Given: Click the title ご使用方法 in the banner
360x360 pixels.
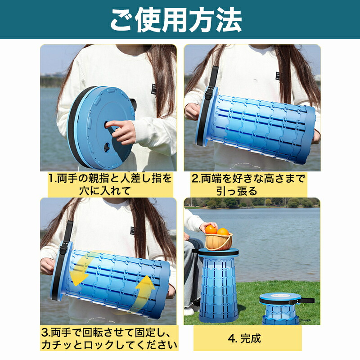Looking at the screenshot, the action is coord(176,20).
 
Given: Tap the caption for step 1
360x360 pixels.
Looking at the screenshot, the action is coord(110,184).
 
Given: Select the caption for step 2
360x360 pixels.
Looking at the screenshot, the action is coord(248,184).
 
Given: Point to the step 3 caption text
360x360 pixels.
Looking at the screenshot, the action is coord(109,339).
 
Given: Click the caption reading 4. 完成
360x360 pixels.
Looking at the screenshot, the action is coord(244,338).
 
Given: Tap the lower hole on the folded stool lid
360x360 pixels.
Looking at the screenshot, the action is coord(107,147).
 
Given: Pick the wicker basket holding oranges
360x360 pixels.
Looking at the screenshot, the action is coord(218,242).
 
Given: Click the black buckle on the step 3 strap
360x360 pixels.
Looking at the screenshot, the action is coord(63,250).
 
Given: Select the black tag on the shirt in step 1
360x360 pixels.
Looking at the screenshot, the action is coord(153,90).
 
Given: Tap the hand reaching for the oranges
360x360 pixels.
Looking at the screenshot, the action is coord(207,226).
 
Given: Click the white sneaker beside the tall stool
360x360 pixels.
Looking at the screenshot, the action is coord(189,311).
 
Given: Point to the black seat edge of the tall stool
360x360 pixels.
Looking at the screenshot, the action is coord(218,252).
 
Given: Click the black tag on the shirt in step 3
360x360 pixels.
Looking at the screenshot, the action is coord(132,230).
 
